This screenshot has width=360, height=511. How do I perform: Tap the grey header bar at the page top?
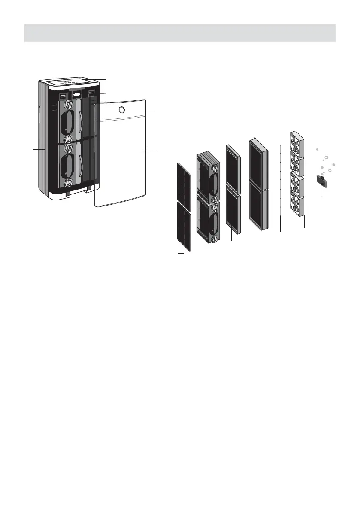pyautogui.click(x=180, y=33)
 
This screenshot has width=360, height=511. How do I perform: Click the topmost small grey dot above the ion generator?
pyautogui.click(x=316, y=149)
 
